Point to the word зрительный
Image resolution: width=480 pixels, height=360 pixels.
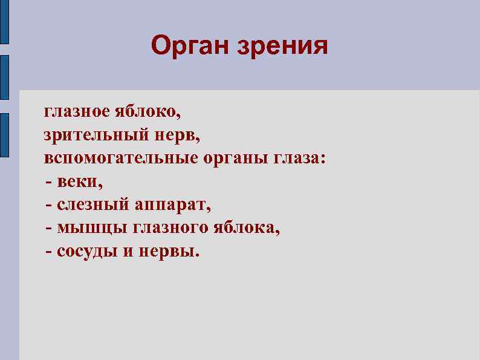point(92,136)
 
